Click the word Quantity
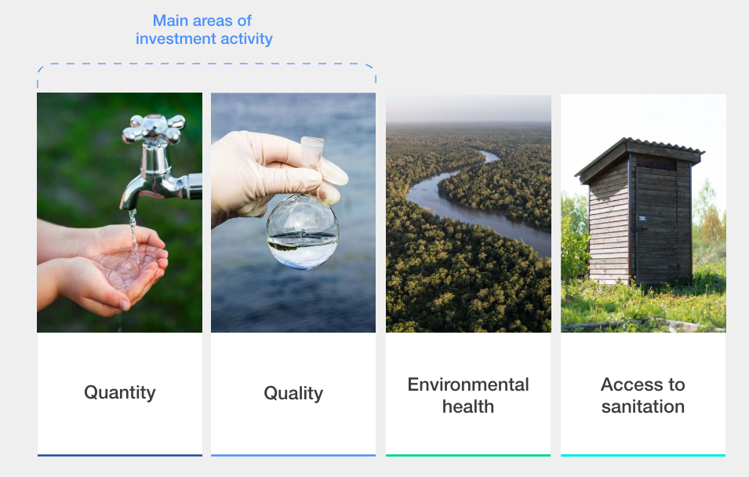click(x=120, y=392)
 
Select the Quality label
click(x=293, y=393)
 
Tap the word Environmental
click(x=468, y=384)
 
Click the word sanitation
click(x=643, y=406)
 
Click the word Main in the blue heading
click(x=169, y=20)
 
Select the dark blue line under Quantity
click(x=120, y=455)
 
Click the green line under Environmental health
click(x=468, y=455)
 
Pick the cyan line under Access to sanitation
click(x=643, y=455)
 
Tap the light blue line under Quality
click(x=293, y=455)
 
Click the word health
click(x=468, y=406)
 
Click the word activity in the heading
click(x=246, y=38)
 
